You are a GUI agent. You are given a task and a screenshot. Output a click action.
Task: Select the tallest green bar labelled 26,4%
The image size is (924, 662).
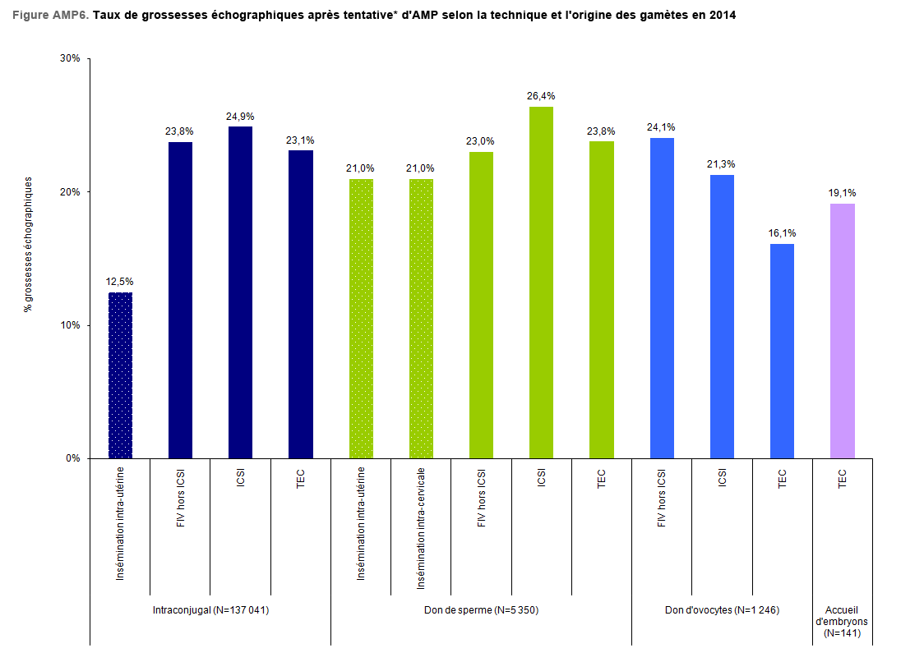[x=541, y=282]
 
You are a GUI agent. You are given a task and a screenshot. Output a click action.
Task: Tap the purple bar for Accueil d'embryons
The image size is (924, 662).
[x=842, y=330]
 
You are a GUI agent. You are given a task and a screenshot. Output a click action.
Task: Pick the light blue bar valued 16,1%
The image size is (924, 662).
[x=782, y=351]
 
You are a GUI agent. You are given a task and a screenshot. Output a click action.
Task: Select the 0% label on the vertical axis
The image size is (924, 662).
[x=72, y=458]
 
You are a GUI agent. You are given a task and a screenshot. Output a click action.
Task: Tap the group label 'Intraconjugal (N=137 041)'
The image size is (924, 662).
[x=211, y=610]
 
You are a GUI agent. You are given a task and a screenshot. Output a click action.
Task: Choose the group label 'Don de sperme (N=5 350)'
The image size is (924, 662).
[x=481, y=610]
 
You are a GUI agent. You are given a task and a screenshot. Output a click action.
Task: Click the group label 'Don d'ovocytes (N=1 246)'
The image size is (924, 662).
[x=722, y=610]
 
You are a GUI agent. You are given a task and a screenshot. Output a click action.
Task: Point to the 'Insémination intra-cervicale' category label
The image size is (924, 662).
[x=421, y=528]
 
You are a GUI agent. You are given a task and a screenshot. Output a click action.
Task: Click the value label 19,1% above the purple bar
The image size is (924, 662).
[x=842, y=193]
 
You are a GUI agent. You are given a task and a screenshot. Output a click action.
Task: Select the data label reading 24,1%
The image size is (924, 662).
[x=662, y=127]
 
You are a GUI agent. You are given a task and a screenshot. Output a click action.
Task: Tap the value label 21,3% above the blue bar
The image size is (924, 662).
[x=722, y=164]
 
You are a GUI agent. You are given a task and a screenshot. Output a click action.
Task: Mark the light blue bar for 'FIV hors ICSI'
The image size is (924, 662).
[x=662, y=297]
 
